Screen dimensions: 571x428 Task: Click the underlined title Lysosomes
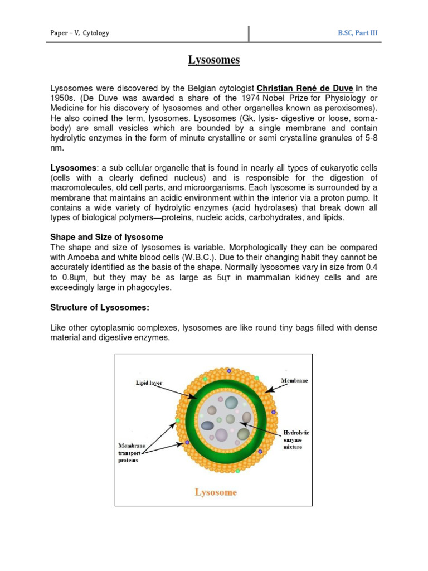click(x=213, y=60)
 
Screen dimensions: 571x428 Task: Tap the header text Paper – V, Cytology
click(x=80, y=33)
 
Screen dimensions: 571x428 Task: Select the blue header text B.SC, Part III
click(x=357, y=33)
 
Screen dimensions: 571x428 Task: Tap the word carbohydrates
click(x=280, y=218)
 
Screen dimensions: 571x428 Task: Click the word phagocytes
click(x=148, y=287)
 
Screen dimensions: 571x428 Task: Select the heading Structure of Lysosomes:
click(x=100, y=307)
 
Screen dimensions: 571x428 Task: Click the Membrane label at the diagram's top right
click(x=294, y=380)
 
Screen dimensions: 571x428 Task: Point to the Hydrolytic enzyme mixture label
click(x=296, y=439)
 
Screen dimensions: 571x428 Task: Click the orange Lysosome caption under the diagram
click(x=215, y=492)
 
